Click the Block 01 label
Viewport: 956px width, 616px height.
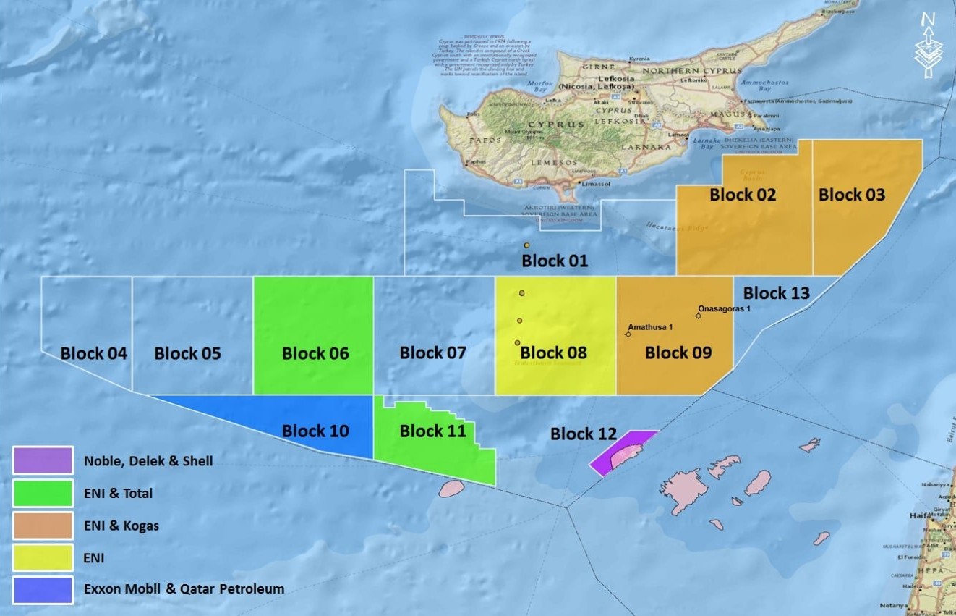click(x=555, y=261)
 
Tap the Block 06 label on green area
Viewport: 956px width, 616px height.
click(x=315, y=353)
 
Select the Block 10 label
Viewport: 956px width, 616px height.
click(x=315, y=431)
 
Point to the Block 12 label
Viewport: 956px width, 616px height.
click(x=583, y=434)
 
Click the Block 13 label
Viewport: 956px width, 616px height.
click(x=776, y=292)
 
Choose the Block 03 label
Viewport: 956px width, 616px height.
click(x=851, y=194)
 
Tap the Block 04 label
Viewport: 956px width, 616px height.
click(x=93, y=353)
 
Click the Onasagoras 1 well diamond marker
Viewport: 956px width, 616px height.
click(x=699, y=316)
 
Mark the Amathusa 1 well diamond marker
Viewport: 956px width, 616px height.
click(x=628, y=334)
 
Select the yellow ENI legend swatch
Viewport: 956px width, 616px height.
click(x=43, y=557)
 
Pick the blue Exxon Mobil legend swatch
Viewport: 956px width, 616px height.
click(x=43, y=589)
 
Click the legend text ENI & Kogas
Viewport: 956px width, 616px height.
click(x=121, y=526)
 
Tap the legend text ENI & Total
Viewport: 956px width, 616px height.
click(x=118, y=494)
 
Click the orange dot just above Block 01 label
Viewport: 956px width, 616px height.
click(x=527, y=245)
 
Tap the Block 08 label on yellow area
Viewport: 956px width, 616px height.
click(x=553, y=353)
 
